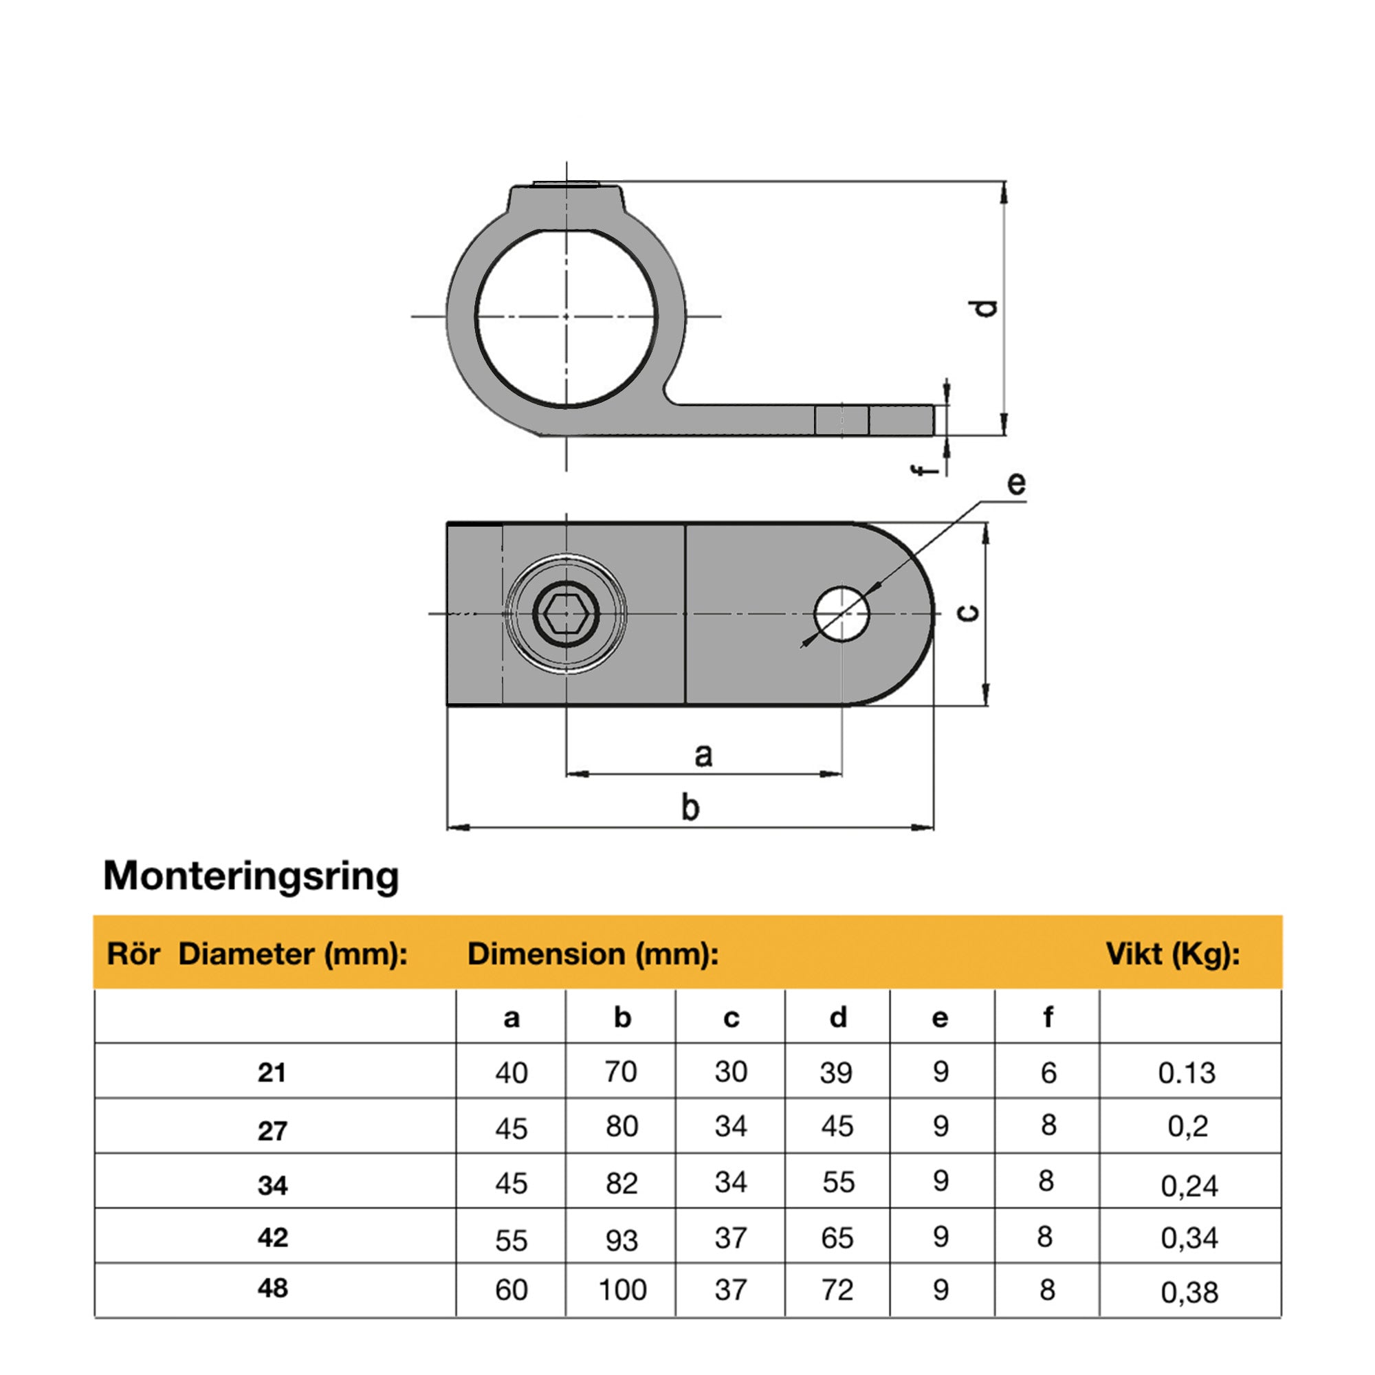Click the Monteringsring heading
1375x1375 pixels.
pyautogui.click(x=250, y=876)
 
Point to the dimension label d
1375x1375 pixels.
pyautogui.click(x=986, y=307)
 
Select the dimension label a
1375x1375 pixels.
pyautogui.click(x=703, y=754)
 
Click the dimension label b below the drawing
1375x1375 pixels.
pyautogui.click(x=690, y=807)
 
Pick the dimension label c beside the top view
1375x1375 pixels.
pyautogui.click(x=969, y=613)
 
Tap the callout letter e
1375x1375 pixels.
pyautogui.click(x=1016, y=483)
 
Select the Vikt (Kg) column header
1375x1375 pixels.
pyautogui.click(x=1172, y=954)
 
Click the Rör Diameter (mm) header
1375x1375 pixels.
pyautogui.click(x=257, y=954)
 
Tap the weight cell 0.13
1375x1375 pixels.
pyautogui.click(x=1187, y=1072)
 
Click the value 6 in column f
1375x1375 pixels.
pyautogui.click(x=1048, y=1072)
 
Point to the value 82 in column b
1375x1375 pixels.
pyautogui.click(x=621, y=1182)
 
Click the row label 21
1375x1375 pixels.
pyautogui.click(x=272, y=1072)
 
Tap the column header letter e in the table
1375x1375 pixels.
pyautogui.click(x=939, y=1017)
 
